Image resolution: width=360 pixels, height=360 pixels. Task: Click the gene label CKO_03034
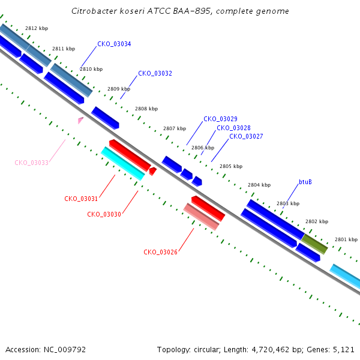tap(114, 44)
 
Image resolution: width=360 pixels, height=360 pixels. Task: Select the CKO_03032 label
tap(155, 73)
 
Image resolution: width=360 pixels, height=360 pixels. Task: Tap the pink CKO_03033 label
tap(31, 163)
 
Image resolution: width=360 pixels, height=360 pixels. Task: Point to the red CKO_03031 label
tap(81, 199)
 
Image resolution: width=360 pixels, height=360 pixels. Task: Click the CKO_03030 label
tap(104, 214)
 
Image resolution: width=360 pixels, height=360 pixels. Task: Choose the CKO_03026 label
tap(160, 252)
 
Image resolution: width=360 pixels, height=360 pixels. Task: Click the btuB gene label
tap(305, 182)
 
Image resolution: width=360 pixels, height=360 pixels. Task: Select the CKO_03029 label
tap(220, 119)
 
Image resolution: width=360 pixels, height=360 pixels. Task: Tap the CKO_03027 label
tap(246, 136)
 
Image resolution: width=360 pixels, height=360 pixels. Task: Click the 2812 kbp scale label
tap(37, 28)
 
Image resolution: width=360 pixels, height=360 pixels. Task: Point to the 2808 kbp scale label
tap(146, 109)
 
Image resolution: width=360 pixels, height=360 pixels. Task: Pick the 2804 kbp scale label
tap(259, 185)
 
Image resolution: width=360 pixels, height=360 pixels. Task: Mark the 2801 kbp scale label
tap(346, 239)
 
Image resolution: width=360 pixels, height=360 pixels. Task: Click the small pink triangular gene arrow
tap(80, 120)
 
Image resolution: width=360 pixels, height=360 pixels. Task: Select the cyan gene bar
tap(123, 163)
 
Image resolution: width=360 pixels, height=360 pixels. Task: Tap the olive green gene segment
tap(314, 244)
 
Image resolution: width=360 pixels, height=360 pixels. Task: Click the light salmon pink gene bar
tap(202, 217)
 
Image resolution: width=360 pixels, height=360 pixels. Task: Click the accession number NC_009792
tap(65, 350)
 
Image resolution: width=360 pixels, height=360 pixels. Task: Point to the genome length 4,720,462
tap(271, 350)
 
